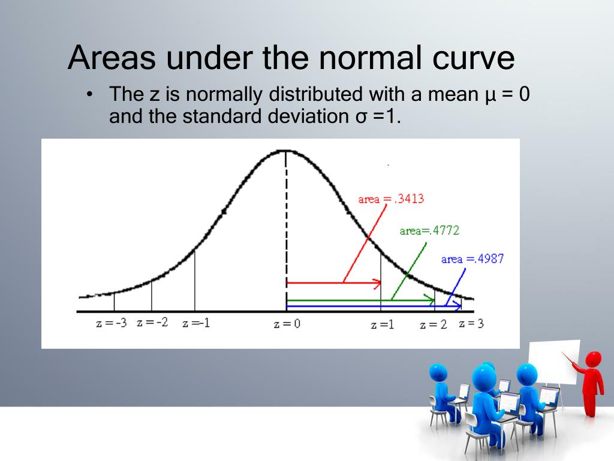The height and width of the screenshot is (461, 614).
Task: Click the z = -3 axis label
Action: pos(112,323)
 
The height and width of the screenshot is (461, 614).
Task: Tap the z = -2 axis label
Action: pos(152,322)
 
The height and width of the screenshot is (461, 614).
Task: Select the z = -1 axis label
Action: pos(196,323)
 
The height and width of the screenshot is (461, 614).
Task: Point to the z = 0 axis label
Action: pos(287,324)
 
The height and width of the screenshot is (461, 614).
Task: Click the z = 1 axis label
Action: pos(383,325)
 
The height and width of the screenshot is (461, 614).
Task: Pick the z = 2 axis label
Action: pos(433,325)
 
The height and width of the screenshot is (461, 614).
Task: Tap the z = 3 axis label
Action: pos(471,324)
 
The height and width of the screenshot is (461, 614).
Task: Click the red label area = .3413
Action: pos(391,199)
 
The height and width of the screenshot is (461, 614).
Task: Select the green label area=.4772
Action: pos(429,230)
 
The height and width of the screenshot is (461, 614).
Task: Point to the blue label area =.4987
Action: pos(472,259)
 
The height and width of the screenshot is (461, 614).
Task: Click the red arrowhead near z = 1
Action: pos(377,283)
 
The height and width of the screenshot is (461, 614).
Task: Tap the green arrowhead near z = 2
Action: pos(431,300)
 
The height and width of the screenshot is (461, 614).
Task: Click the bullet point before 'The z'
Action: pos(90,94)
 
